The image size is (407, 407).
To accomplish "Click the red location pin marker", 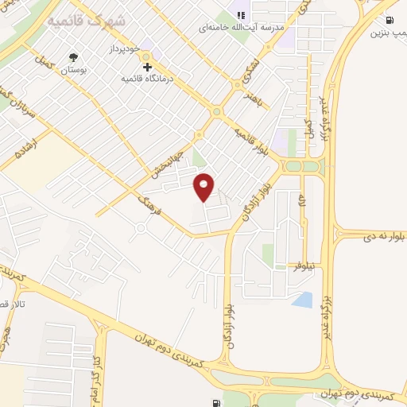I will click(x=204, y=187).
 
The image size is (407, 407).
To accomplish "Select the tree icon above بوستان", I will click(x=74, y=57).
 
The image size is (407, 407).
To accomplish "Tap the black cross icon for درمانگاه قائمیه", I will click(x=148, y=67).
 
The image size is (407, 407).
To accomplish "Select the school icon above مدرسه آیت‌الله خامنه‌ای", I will click(x=242, y=14).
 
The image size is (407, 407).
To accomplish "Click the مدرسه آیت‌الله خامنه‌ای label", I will click(x=242, y=28).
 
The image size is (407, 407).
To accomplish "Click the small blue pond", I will click(x=303, y=300).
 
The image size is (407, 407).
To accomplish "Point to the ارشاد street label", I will click(x=17, y=145).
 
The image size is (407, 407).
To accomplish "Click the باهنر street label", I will click(x=254, y=99).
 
